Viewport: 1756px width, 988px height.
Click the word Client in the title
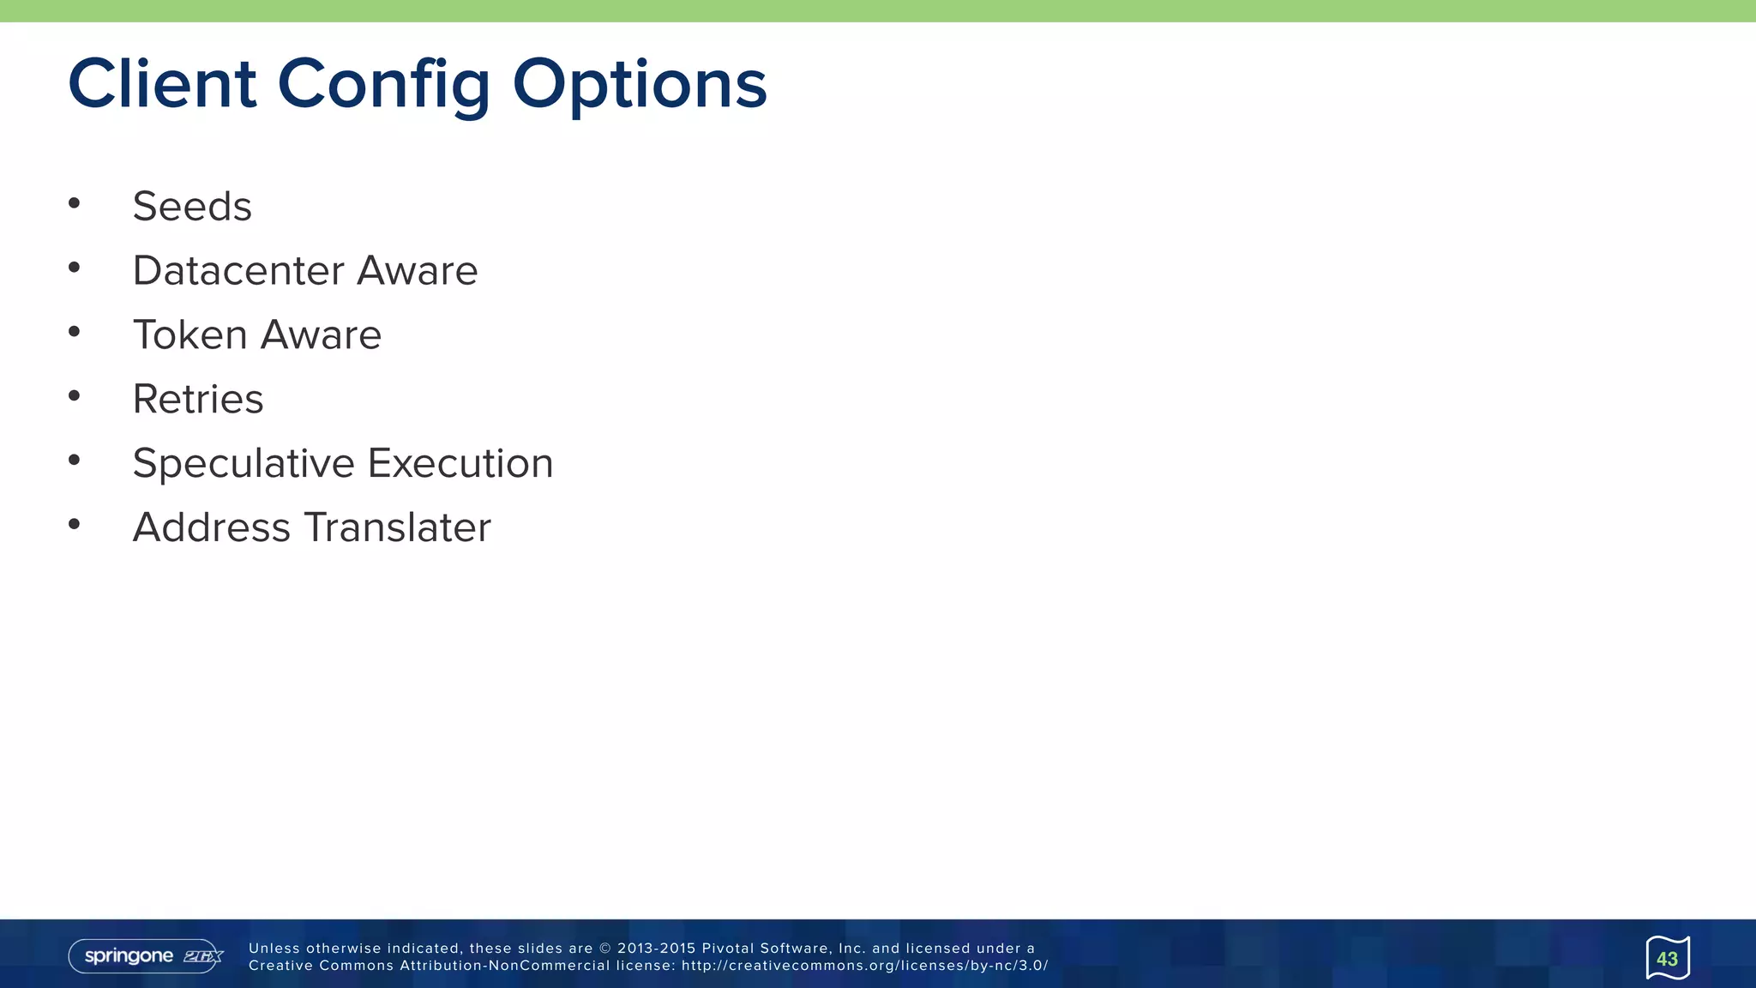[x=162, y=84]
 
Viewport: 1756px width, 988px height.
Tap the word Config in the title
[x=383, y=84]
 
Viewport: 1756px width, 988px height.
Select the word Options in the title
[x=640, y=84]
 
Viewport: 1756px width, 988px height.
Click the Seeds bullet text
[x=192, y=207]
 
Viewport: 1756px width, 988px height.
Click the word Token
[x=190, y=335]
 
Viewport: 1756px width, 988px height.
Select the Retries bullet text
[x=198, y=400]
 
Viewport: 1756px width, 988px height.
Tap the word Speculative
[x=244, y=464]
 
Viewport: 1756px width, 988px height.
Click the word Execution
[x=460, y=464]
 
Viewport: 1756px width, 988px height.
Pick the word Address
[x=212, y=527]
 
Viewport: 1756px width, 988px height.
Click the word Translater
[x=398, y=527]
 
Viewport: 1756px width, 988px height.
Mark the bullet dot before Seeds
[x=75, y=203]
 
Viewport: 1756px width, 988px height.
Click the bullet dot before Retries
[x=75, y=395]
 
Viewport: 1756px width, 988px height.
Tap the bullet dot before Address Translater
[x=75, y=524]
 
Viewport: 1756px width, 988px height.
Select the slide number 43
[x=1667, y=959]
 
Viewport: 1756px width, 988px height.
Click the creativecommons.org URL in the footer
[x=864, y=966]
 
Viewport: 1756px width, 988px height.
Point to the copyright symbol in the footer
[x=605, y=949]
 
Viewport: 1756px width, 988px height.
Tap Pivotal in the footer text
[x=728, y=949]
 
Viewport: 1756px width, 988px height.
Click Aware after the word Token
[x=321, y=335]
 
